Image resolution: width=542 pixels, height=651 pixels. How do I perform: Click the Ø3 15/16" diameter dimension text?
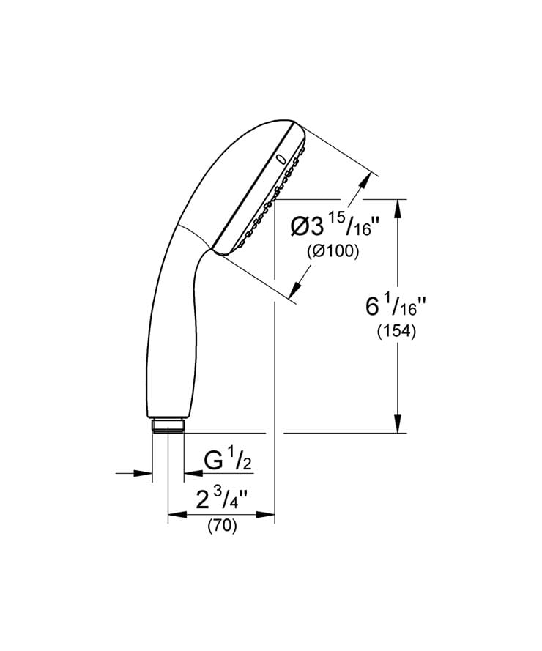[334, 226]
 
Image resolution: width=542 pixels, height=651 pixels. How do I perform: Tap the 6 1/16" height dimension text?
[396, 306]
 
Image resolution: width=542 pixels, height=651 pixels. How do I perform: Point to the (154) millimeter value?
[396, 331]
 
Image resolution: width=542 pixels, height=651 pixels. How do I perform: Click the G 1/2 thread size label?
[228, 461]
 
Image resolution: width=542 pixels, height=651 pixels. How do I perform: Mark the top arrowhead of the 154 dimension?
[398, 208]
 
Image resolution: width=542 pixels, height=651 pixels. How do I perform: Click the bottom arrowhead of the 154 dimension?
[398, 423]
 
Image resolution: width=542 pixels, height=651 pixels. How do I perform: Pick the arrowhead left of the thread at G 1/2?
[144, 474]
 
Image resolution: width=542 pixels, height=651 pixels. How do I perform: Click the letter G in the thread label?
[213, 461]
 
